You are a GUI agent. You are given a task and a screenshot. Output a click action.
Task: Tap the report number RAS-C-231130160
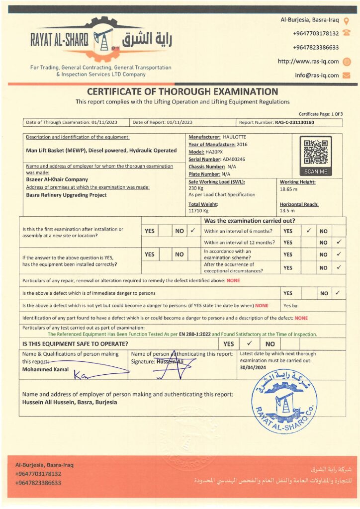[x=294, y=122]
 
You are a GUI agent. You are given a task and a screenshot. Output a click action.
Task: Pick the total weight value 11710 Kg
[x=198, y=211]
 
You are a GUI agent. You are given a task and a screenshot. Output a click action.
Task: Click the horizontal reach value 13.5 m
[x=287, y=211]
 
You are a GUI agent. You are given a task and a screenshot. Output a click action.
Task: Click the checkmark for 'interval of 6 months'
[x=309, y=231]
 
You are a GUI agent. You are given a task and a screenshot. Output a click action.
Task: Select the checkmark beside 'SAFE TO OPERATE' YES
[x=250, y=343]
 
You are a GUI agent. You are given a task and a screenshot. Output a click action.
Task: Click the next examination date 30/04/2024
[x=254, y=367]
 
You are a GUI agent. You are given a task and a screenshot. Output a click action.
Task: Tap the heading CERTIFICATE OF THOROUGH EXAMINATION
[x=182, y=91]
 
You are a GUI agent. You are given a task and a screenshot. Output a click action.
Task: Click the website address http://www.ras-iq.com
[x=308, y=62]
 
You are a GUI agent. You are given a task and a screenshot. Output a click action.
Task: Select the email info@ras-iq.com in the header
[x=317, y=76]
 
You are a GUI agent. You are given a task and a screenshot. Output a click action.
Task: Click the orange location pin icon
[x=347, y=20]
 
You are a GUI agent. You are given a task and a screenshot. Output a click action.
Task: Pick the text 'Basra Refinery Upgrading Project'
[x=66, y=195]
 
